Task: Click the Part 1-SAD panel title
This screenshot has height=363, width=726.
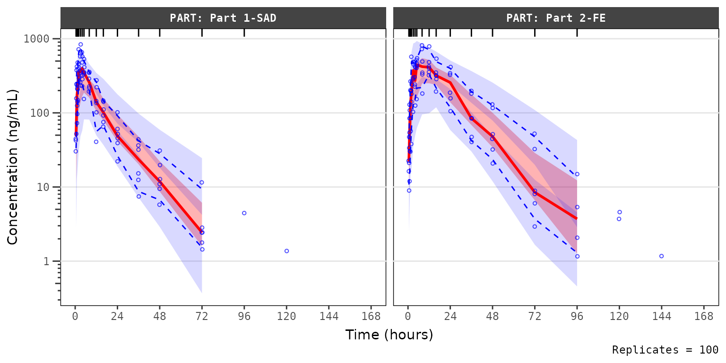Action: pos(223,18)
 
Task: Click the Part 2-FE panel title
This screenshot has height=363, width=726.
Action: pos(556,18)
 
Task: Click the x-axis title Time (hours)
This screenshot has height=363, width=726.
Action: pos(389,335)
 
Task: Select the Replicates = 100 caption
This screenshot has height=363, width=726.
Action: pos(665,350)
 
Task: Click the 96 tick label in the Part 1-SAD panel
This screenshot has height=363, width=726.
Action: pos(244,316)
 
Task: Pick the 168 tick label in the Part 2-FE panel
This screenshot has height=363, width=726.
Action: pos(704,316)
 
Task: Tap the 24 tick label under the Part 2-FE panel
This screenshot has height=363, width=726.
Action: pos(450,316)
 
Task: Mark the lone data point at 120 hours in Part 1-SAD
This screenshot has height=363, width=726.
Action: pos(286,251)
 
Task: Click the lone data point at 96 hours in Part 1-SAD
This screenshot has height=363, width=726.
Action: pos(244,213)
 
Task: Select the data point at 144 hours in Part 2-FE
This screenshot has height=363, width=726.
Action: pos(661,256)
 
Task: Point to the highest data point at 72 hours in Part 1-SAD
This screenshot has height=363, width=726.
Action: pos(202,182)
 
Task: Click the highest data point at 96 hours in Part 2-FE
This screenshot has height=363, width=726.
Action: pos(577,174)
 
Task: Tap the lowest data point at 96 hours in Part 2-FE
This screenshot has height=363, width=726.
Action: pos(577,257)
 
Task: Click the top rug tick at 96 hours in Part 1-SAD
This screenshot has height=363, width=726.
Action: pos(244,33)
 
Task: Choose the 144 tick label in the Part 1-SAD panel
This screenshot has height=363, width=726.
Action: pos(329,316)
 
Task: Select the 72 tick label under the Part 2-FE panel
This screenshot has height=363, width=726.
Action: pos(535,316)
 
